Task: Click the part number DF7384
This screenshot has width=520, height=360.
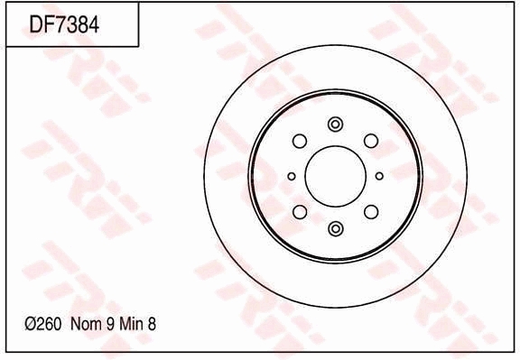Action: click(x=64, y=24)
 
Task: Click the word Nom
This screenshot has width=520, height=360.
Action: click(x=86, y=322)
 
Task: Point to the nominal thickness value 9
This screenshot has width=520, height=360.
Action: click(x=110, y=322)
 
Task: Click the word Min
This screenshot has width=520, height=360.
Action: click(x=134, y=322)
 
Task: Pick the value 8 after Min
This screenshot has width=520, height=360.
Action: click(x=156, y=322)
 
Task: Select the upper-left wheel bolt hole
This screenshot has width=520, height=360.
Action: click(x=300, y=141)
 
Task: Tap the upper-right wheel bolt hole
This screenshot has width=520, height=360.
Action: click(x=370, y=141)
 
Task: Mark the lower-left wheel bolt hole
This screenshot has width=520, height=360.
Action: click(x=300, y=212)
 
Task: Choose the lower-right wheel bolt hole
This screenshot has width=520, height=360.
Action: click(x=370, y=212)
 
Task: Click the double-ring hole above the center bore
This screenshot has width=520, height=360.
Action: click(x=335, y=125)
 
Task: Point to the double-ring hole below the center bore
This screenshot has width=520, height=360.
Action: click(x=335, y=228)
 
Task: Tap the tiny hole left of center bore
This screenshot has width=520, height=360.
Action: click(x=291, y=176)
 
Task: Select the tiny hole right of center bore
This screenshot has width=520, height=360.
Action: click(x=379, y=176)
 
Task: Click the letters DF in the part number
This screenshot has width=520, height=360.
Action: click(x=42, y=24)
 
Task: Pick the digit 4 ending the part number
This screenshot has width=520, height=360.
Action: click(x=93, y=24)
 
